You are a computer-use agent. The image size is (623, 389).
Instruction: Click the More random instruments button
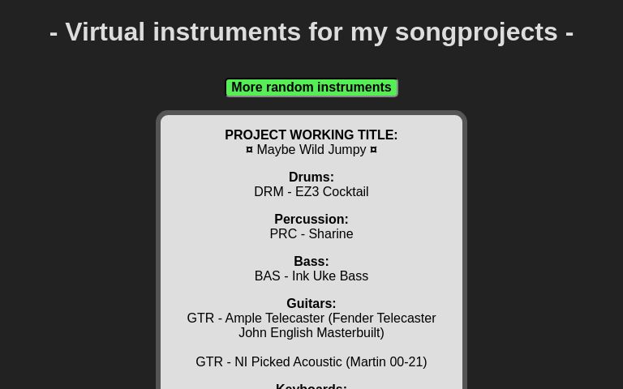point(311,88)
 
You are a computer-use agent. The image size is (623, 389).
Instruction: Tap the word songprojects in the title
point(476,32)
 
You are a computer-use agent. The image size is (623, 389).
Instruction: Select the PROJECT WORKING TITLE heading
point(311,135)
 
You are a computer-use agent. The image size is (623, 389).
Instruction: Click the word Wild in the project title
point(311,150)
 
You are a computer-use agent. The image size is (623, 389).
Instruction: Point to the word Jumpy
point(347,150)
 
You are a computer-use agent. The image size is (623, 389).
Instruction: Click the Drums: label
point(311,177)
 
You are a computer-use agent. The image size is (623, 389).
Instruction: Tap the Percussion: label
point(311,219)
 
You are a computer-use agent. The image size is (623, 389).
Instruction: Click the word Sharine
point(330,234)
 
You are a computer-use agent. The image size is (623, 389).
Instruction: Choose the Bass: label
point(311,261)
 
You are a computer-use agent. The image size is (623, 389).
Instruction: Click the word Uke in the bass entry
point(324,276)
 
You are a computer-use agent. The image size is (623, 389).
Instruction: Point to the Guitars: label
point(311,303)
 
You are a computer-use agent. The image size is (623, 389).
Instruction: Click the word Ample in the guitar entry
point(243,318)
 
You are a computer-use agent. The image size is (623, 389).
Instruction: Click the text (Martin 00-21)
point(386,362)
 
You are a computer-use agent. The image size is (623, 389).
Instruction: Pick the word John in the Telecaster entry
point(253,333)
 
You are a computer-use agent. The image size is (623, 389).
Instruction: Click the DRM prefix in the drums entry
point(269,192)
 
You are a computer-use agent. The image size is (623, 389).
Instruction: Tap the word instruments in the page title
point(227,32)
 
